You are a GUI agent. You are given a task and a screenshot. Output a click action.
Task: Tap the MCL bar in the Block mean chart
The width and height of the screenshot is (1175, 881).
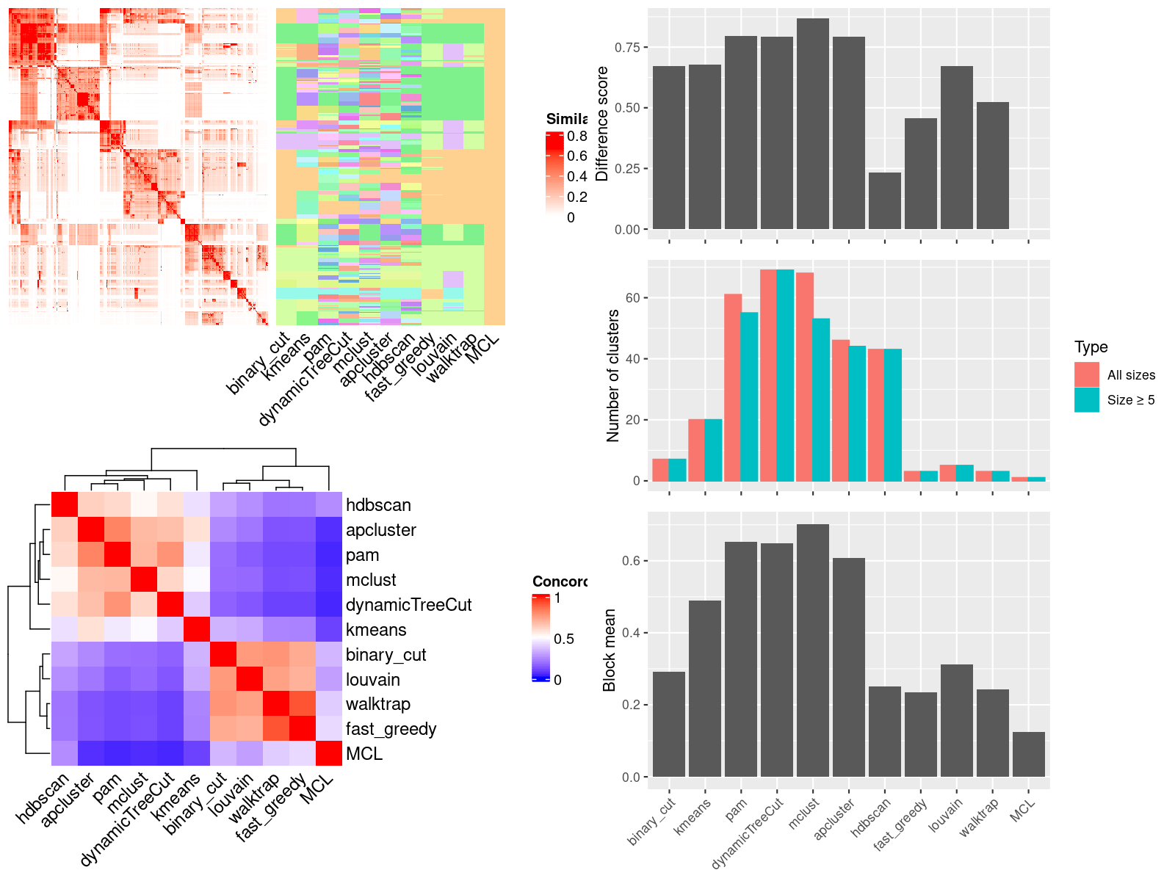click(1028, 754)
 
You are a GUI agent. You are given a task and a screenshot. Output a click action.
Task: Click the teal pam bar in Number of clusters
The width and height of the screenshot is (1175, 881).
click(749, 396)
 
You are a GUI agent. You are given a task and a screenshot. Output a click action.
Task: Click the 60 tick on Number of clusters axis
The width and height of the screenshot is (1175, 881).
click(632, 298)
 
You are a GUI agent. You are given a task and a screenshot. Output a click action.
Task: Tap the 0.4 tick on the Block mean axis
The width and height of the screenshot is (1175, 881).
click(631, 633)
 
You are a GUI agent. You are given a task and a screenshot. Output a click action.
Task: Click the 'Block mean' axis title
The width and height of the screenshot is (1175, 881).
click(609, 650)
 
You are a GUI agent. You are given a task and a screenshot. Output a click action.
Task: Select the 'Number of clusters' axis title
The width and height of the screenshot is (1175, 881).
click(612, 376)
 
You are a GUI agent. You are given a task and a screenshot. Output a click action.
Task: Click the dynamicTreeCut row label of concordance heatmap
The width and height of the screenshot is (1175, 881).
click(408, 605)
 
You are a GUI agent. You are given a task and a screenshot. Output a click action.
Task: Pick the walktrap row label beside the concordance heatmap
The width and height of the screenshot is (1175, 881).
click(378, 704)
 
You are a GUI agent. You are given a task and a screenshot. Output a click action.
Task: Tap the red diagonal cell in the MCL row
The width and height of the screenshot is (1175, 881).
click(329, 753)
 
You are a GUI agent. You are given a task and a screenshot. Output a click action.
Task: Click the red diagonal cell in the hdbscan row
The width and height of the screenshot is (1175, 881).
click(65, 504)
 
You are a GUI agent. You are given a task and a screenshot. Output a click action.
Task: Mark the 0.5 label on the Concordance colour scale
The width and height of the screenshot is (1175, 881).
click(564, 639)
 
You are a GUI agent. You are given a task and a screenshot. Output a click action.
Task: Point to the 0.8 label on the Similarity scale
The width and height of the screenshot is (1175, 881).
click(577, 137)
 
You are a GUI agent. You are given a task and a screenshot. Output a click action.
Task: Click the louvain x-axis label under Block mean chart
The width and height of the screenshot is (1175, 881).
click(946, 815)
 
